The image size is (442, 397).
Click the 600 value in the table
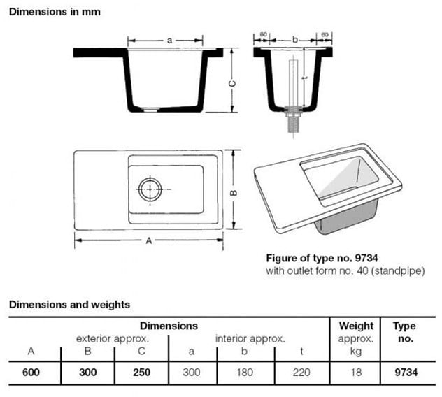31,373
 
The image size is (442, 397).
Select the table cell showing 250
142,373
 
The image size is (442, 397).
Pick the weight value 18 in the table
356,373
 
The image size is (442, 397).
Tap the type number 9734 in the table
405,373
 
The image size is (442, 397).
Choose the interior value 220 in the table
301,373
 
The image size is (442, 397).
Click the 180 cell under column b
245,373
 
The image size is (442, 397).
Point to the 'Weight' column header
356,326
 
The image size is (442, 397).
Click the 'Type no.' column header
405,332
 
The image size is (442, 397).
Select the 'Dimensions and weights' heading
69,305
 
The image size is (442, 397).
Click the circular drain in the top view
150,189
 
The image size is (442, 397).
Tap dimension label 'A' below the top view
149,240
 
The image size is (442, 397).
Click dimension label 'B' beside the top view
235,194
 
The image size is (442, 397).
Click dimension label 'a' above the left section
169,41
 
